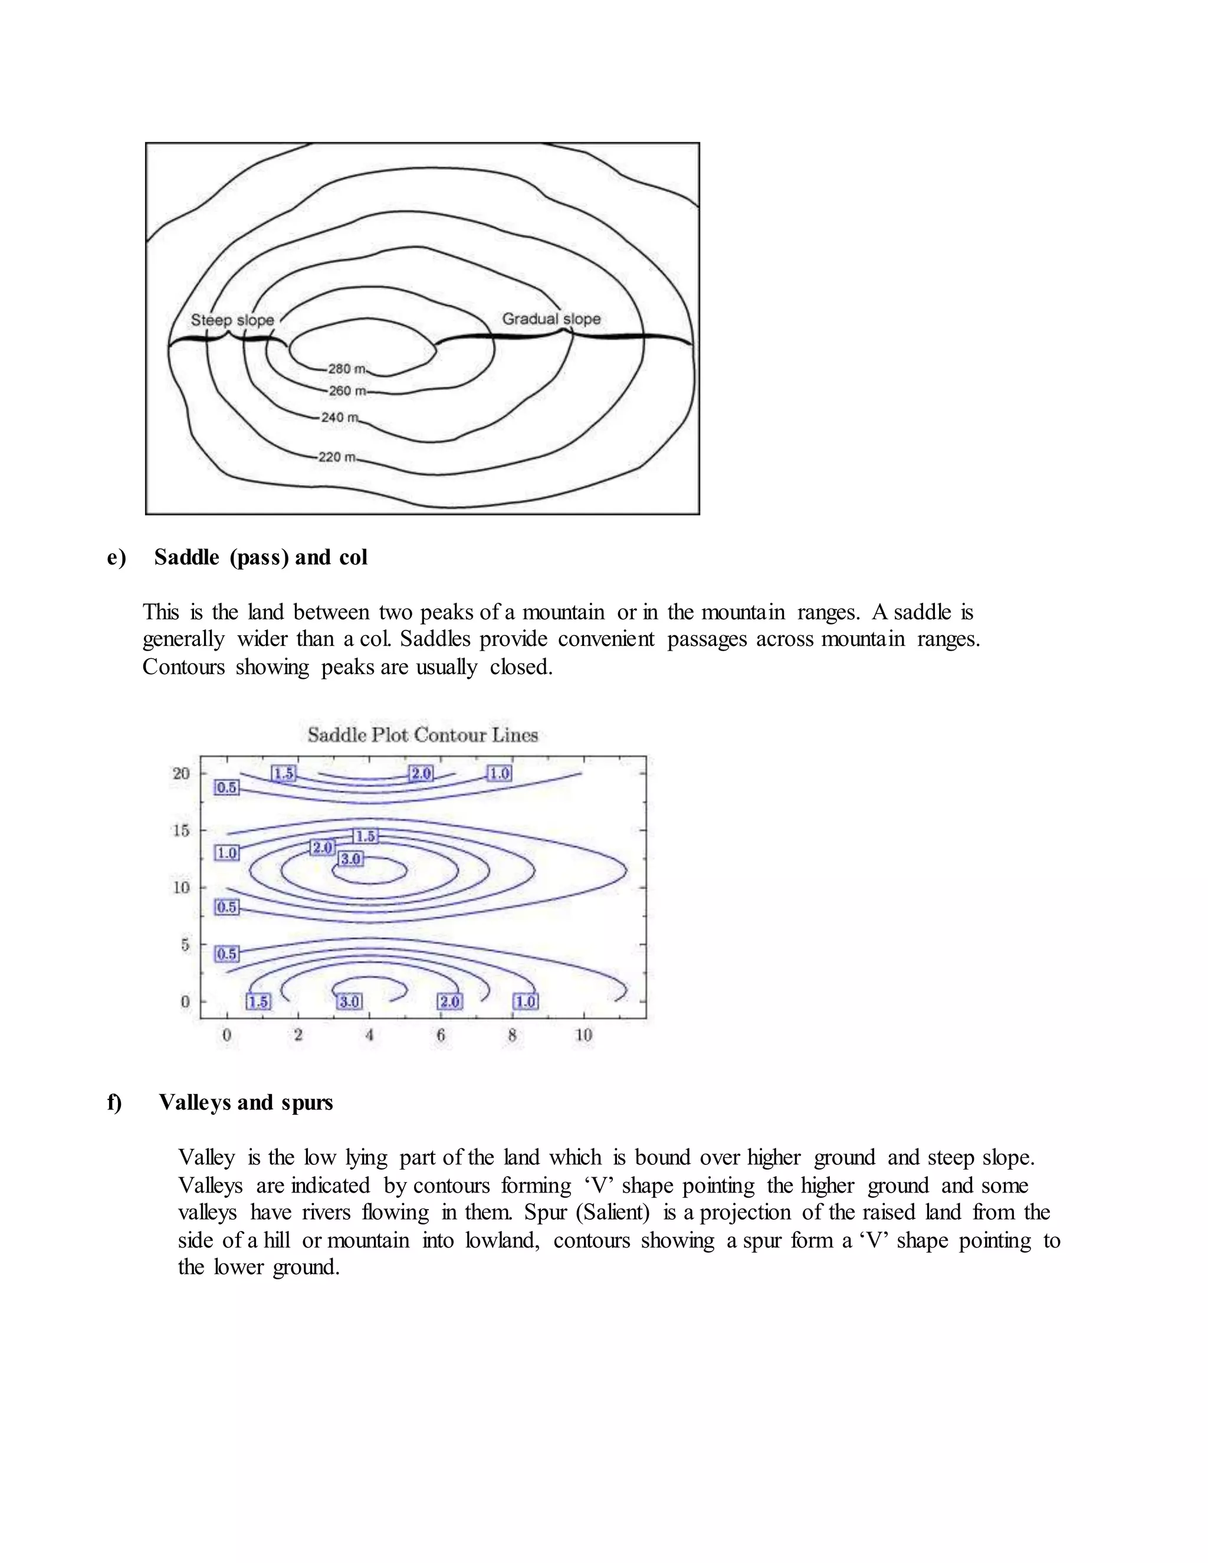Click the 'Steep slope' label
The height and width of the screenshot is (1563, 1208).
232,320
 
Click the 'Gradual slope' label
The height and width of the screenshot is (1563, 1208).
551,318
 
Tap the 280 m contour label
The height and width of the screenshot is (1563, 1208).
346,369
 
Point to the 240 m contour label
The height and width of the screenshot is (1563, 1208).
339,417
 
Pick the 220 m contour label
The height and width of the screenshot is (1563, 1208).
336,457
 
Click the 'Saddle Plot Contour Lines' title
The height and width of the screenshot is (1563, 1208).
422,735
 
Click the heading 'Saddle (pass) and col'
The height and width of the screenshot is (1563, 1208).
261,557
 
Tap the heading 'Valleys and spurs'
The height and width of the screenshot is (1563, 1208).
245,1102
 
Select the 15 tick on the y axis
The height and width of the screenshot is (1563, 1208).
181,830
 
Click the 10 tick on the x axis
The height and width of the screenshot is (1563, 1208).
583,1035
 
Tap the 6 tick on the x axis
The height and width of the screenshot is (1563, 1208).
441,1035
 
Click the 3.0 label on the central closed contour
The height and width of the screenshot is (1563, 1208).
351,858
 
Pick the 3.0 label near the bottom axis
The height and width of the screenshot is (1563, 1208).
349,1001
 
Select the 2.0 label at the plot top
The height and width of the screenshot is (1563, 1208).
421,773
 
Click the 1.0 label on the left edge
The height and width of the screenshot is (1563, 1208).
227,853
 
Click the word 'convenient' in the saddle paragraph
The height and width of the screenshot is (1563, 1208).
605,638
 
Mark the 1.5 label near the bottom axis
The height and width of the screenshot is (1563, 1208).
258,1001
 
